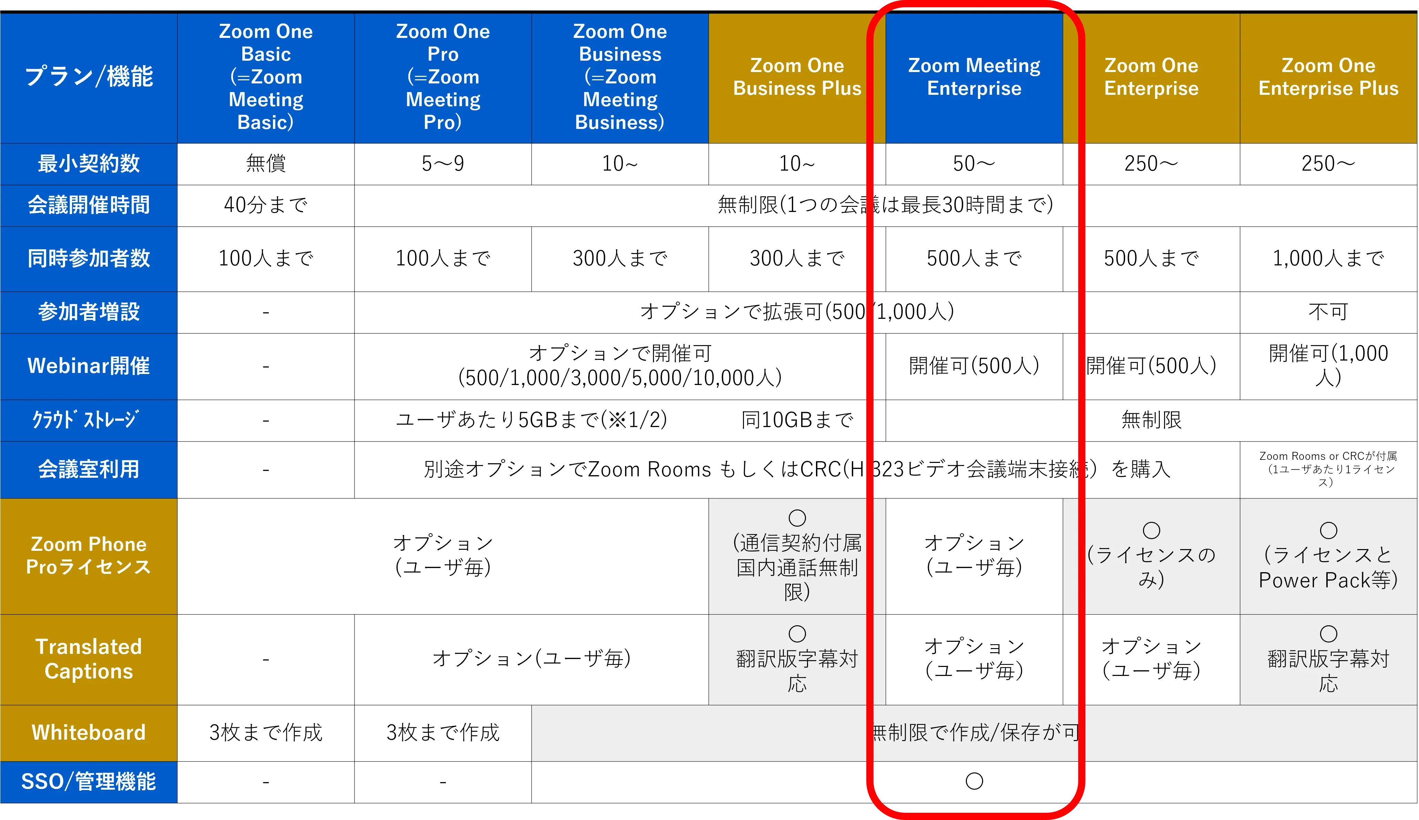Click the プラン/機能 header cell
[x=88, y=77]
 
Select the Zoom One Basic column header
[x=266, y=77]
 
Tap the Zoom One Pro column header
[x=443, y=77]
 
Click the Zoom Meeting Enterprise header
[x=974, y=77]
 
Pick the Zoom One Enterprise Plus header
[x=1328, y=77]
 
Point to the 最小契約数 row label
[x=88, y=164]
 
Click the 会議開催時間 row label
[x=88, y=205]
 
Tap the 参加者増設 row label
[x=88, y=312]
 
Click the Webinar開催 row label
[x=88, y=366]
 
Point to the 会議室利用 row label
[x=88, y=469]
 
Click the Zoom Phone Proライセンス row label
[x=88, y=556]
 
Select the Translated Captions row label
[x=88, y=659]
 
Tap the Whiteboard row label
[x=88, y=733]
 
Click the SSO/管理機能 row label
[x=88, y=782]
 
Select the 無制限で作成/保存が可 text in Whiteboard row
[x=974, y=733]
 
